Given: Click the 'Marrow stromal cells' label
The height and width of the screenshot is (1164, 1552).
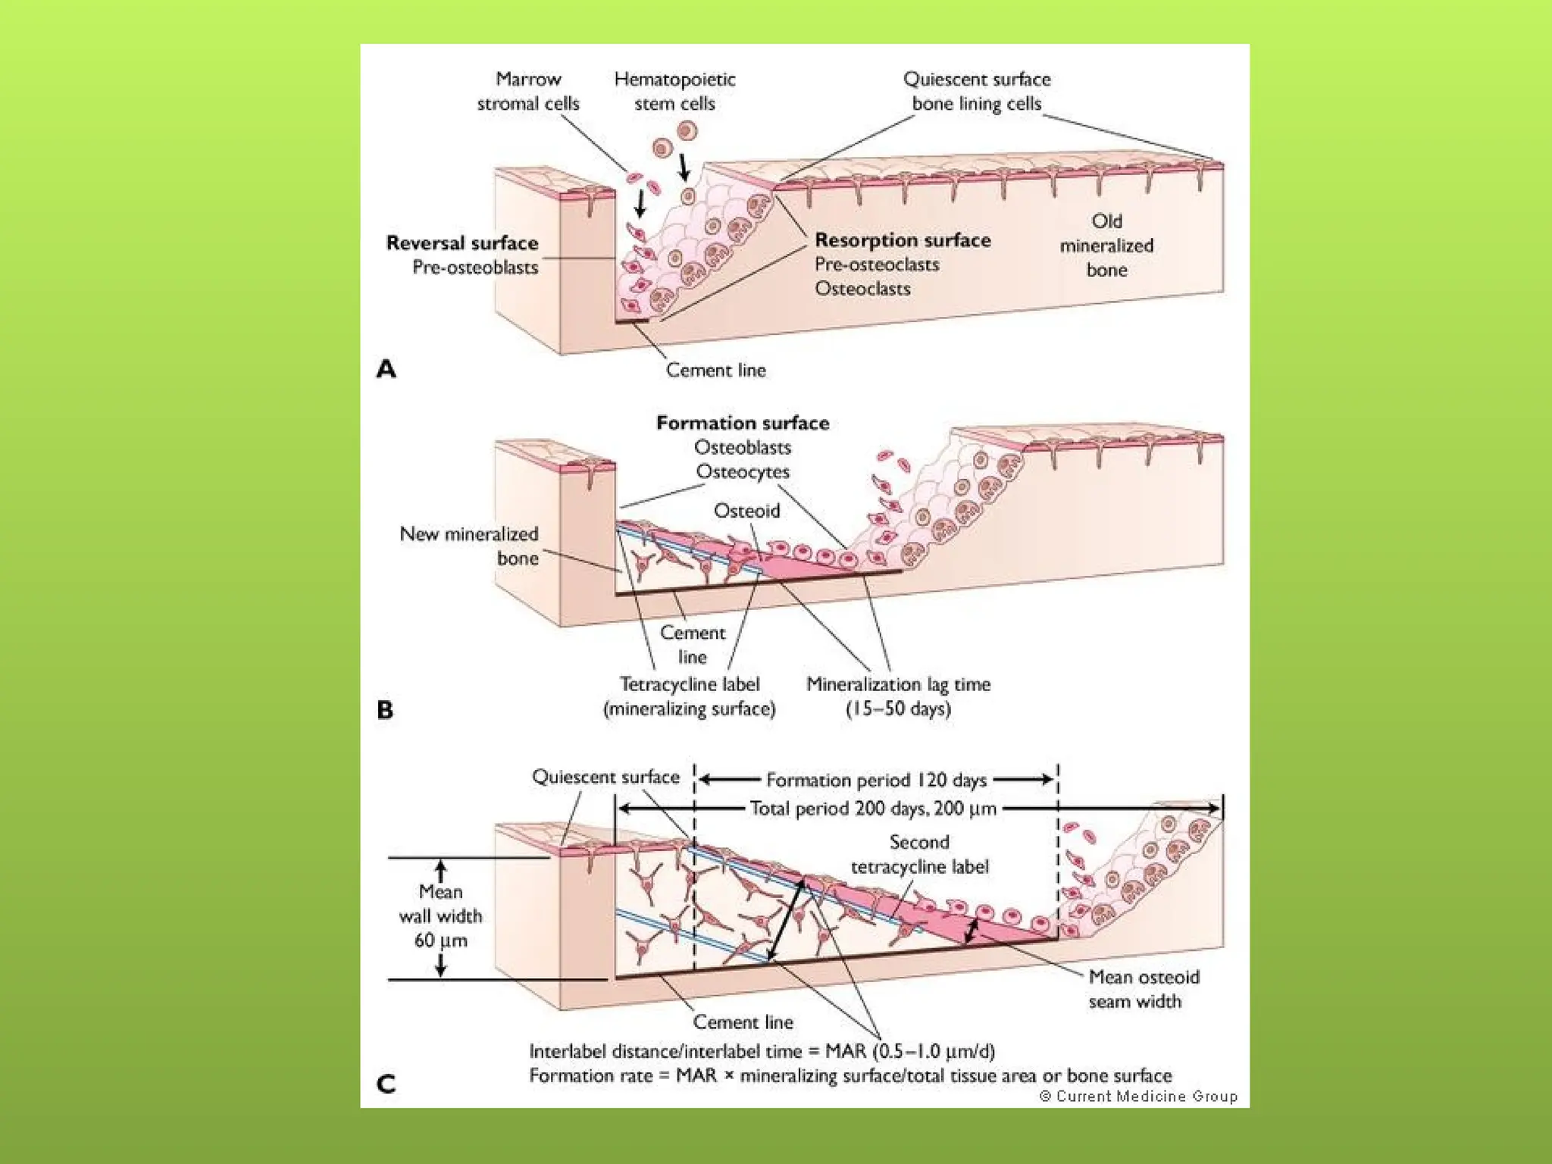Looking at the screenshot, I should [x=528, y=91].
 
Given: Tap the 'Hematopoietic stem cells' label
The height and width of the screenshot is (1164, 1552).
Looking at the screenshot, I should [x=674, y=91].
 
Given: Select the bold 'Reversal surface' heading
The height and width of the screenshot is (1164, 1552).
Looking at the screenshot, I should [x=462, y=243].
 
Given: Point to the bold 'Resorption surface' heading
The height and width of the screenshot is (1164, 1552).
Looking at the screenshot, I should [x=903, y=240].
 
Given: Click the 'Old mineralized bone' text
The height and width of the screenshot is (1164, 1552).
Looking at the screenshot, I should [x=1106, y=246].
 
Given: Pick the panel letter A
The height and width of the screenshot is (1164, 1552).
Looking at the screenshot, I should [x=386, y=369].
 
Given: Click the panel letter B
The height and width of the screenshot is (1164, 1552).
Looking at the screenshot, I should [x=385, y=710].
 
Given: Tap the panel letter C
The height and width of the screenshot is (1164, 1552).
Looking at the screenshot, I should [x=386, y=1084].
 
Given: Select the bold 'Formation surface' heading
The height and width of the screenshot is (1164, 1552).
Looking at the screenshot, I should [x=743, y=423].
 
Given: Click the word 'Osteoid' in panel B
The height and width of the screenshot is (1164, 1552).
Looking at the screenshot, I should [x=746, y=511].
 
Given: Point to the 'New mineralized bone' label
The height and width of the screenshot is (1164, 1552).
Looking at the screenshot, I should [x=470, y=546].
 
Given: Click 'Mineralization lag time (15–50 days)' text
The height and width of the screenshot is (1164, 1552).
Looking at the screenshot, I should [x=898, y=696].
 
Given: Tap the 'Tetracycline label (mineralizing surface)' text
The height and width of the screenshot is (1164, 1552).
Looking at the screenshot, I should [x=689, y=696].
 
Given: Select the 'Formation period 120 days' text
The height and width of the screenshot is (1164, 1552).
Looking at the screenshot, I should [x=876, y=780].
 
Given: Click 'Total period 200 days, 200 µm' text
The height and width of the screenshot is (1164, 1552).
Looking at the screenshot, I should [x=873, y=809].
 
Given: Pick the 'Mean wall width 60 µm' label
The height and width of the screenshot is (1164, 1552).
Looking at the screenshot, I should [x=440, y=916].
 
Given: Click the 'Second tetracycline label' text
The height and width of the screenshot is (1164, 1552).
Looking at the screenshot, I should [x=919, y=854].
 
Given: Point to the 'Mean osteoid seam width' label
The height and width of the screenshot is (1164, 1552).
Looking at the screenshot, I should [x=1144, y=989].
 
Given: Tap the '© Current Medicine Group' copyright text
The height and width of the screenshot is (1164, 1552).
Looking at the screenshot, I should [x=1137, y=1097].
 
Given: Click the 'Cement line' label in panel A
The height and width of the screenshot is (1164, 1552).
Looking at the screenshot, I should [x=715, y=371].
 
